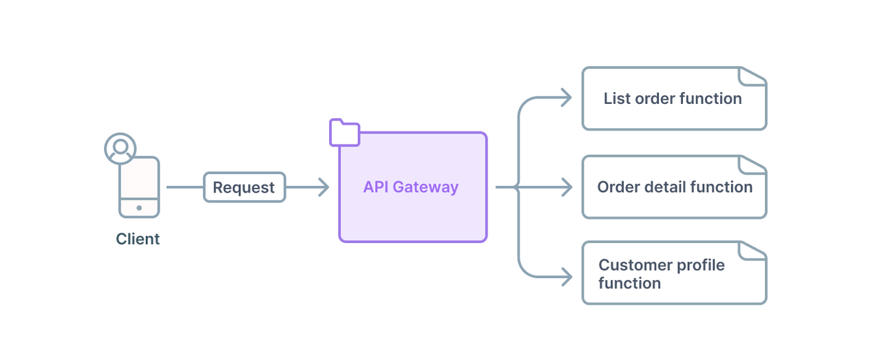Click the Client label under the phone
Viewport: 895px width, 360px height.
click(x=138, y=239)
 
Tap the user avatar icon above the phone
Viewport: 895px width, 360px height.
click(x=120, y=148)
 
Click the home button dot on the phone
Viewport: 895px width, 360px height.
click(x=139, y=207)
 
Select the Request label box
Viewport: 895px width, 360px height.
click(x=244, y=187)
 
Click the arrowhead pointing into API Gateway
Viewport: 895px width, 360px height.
click(x=324, y=187)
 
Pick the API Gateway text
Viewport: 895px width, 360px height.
click(x=411, y=187)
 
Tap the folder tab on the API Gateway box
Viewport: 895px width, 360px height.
click(x=344, y=133)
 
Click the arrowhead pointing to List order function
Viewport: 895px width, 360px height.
click(x=567, y=98)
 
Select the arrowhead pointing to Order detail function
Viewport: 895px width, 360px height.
click(x=567, y=187)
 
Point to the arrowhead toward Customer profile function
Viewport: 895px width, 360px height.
click(x=567, y=277)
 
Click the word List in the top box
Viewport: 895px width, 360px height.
click(x=617, y=98)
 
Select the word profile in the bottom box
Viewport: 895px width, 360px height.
click(x=697, y=266)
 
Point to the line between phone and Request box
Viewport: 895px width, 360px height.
click(x=185, y=187)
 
